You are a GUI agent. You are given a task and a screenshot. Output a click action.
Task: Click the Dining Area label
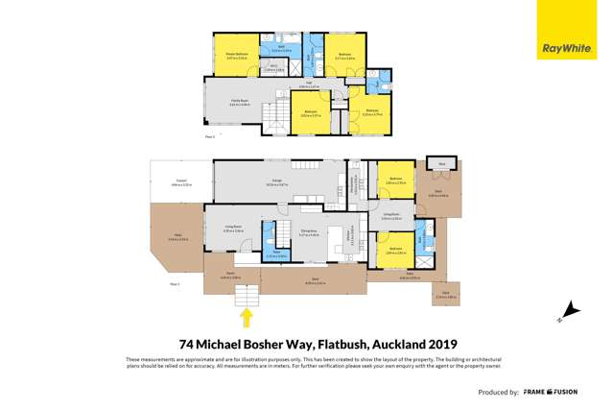309,231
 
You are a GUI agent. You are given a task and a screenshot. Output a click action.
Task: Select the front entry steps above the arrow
247,293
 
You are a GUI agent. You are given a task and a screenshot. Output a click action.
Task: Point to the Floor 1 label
175,284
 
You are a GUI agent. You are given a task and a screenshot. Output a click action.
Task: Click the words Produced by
499,393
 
